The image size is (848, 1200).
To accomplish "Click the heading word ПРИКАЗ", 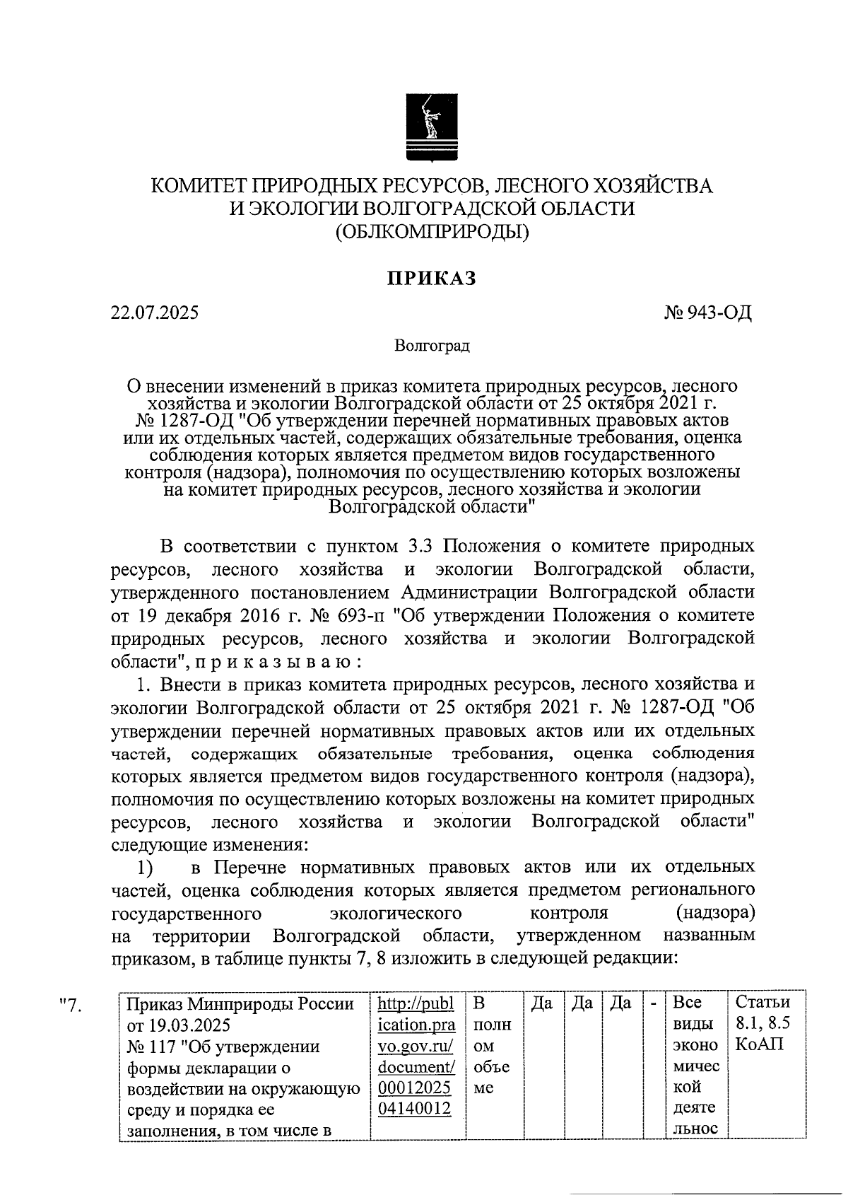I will pos(431,279).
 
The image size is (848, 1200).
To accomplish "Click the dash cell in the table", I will pos(654,1003).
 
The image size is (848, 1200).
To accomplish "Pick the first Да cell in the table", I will pos(541,1003).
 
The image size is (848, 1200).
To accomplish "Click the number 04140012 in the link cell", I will pos(415,1109).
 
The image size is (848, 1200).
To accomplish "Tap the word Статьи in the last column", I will pos(762,1003).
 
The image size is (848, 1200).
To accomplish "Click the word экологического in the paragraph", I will pos(396,913).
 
